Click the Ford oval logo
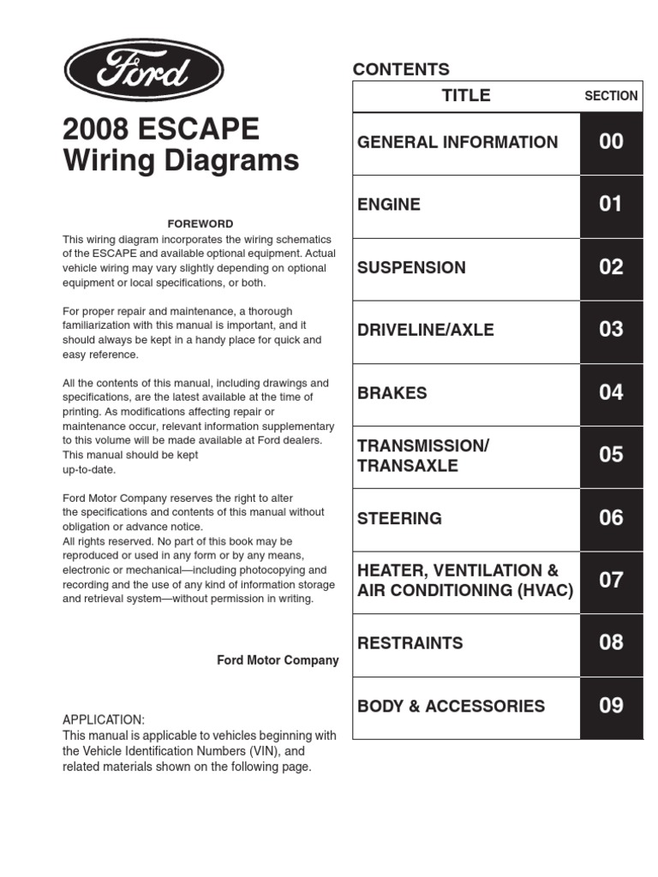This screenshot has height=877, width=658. (143, 70)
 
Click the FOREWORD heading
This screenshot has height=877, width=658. (200, 224)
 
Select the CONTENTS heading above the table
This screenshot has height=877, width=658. (401, 69)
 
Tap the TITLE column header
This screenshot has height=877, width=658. (466, 96)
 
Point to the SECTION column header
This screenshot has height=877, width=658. (611, 96)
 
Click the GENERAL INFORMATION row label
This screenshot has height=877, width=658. (458, 142)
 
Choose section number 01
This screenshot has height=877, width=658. (611, 205)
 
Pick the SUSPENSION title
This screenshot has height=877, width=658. (411, 267)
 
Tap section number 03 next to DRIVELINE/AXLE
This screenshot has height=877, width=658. (611, 330)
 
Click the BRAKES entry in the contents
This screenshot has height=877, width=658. (392, 393)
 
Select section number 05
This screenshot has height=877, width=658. (611, 455)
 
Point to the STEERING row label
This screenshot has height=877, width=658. (399, 518)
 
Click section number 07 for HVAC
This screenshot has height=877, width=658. (611, 581)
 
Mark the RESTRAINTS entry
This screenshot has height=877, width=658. (410, 643)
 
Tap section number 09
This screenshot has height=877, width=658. (611, 706)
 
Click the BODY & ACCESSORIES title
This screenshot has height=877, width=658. (451, 707)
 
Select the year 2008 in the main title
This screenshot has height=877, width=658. (95, 129)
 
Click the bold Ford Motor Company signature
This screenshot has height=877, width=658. (278, 660)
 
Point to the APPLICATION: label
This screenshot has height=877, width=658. (104, 719)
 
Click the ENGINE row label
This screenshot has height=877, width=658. (389, 205)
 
